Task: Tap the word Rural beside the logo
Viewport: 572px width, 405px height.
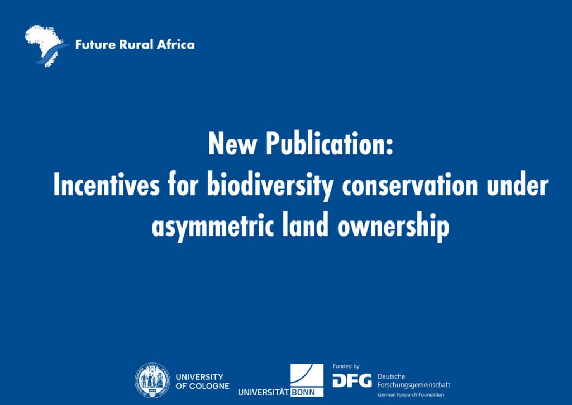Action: click(135, 45)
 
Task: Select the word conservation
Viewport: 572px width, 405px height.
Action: click(411, 186)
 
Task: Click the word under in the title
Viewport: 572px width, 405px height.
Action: click(517, 186)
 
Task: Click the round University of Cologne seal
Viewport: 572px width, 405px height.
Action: click(151, 380)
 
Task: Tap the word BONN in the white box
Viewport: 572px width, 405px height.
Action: click(307, 392)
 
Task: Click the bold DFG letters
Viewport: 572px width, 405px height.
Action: click(352, 381)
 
